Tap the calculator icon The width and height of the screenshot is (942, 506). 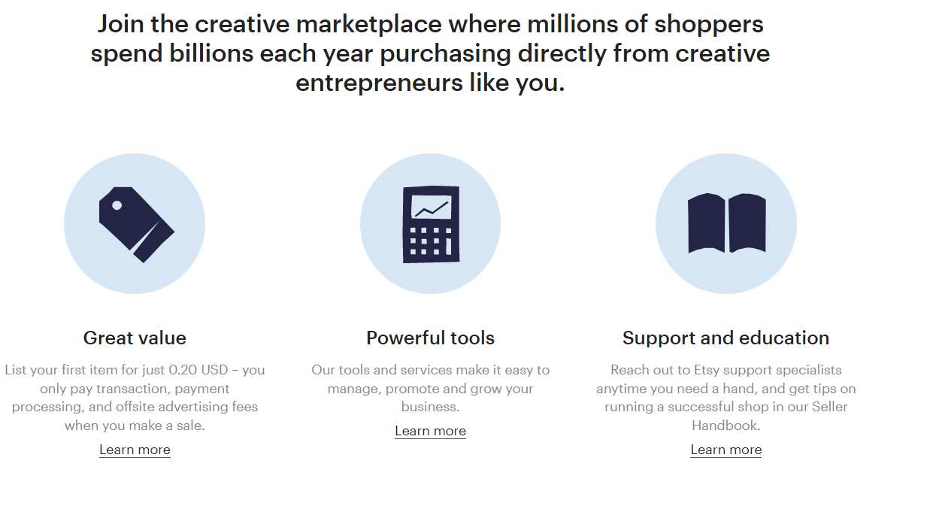click(431, 224)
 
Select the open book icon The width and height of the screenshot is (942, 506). click(727, 223)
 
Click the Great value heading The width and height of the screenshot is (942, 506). click(135, 338)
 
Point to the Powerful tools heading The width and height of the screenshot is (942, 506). click(430, 338)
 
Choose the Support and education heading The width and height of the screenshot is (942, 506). click(725, 338)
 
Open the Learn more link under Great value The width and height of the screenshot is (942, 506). click(135, 450)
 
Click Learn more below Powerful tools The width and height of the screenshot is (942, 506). click(430, 431)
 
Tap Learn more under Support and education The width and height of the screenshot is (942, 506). click(725, 450)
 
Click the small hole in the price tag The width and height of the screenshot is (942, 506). click(117, 205)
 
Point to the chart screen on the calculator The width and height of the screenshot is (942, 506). click(431, 207)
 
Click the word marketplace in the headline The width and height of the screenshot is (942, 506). click(369, 24)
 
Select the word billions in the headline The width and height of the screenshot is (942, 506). click(211, 53)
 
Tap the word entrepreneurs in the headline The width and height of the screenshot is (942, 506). click(379, 83)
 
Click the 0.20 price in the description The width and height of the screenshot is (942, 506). click(183, 370)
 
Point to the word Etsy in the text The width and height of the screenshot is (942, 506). click(707, 370)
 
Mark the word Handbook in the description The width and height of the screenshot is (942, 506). click(725, 426)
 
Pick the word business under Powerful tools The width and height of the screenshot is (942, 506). click(430, 407)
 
